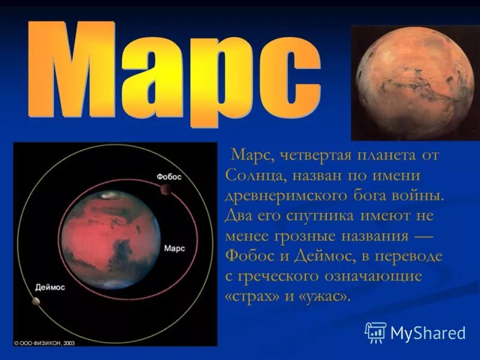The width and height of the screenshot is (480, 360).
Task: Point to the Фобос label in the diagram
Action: (169, 177)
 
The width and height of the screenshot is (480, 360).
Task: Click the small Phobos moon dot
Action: (164, 190)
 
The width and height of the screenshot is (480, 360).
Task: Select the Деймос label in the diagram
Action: (50, 287)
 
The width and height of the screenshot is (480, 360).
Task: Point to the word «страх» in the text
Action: (255, 296)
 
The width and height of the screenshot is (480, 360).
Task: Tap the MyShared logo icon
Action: (376, 332)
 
